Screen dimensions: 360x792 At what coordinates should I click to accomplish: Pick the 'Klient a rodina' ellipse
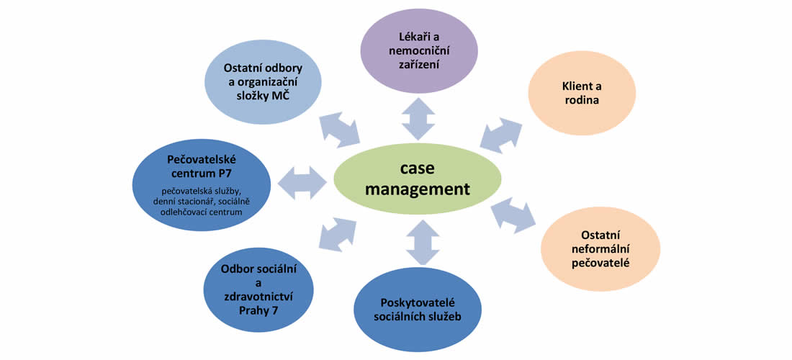[581, 94]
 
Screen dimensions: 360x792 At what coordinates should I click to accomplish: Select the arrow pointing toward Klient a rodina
[501, 132]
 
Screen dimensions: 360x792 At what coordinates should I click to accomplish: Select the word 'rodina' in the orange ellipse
[581, 102]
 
